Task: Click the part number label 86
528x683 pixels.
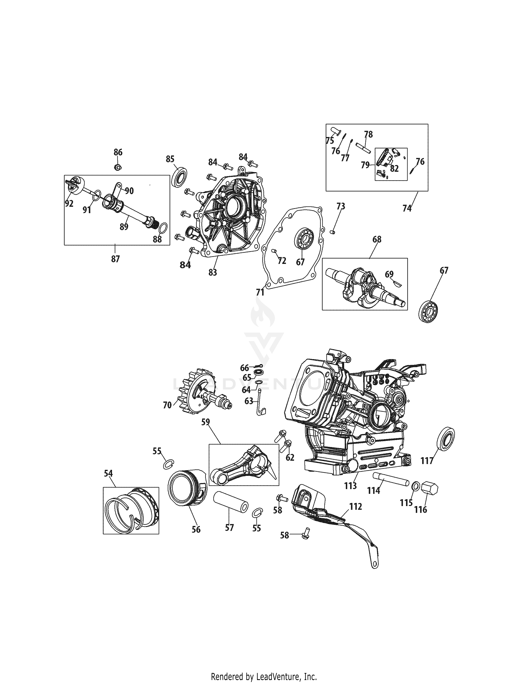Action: pyautogui.click(x=118, y=152)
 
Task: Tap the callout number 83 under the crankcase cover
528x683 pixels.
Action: pyautogui.click(x=212, y=272)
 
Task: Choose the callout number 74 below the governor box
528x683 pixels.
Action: pyautogui.click(x=407, y=208)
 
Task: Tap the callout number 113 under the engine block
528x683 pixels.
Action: pyautogui.click(x=350, y=486)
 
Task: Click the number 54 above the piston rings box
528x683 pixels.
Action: pyautogui.click(x=108, y=474)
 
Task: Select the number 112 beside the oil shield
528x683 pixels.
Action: pyautogui.click(x=356, y=506)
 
